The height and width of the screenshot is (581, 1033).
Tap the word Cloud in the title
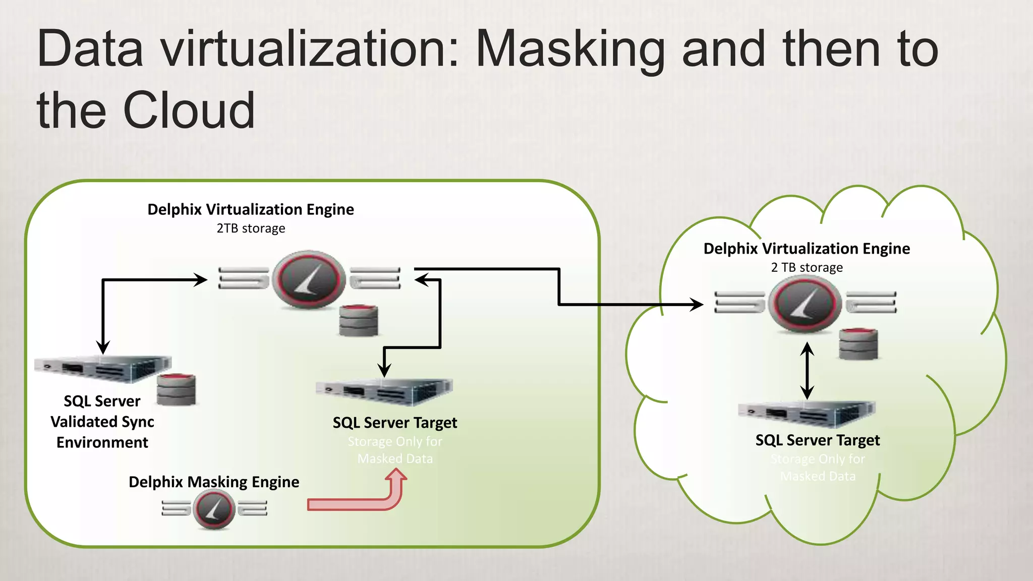[x=189, y=110]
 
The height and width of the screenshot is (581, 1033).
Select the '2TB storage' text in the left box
[x=251, y=228]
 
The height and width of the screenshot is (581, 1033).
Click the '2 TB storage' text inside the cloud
[x=807, y=267]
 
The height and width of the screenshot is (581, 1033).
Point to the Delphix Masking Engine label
[x=214, y=482]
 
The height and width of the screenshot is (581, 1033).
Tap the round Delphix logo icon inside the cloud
[x=805, y=304]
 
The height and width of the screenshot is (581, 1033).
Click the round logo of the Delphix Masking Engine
[x=214, y=509]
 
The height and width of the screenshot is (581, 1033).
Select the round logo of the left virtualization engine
[x=309, y=279]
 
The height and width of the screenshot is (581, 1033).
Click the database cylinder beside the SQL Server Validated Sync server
[x=176, y=389]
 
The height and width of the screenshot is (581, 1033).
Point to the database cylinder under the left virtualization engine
[x=359, y=320]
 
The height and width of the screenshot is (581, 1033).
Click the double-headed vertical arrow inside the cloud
[x=807, y=371]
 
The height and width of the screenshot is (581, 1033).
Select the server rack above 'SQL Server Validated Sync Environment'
[x=103, y=368]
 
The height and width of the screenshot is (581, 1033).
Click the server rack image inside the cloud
[x=807, y=414]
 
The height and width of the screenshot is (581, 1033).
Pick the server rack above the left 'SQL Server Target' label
[x=384, y=391]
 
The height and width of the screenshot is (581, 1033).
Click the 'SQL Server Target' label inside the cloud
[x=817, y=440]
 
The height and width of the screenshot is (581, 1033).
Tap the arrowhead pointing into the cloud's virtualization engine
[x=697, y=304]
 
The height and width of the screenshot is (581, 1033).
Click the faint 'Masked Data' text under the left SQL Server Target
[x=395, y=459]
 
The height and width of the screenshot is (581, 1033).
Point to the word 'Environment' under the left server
[x=102, y=442]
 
